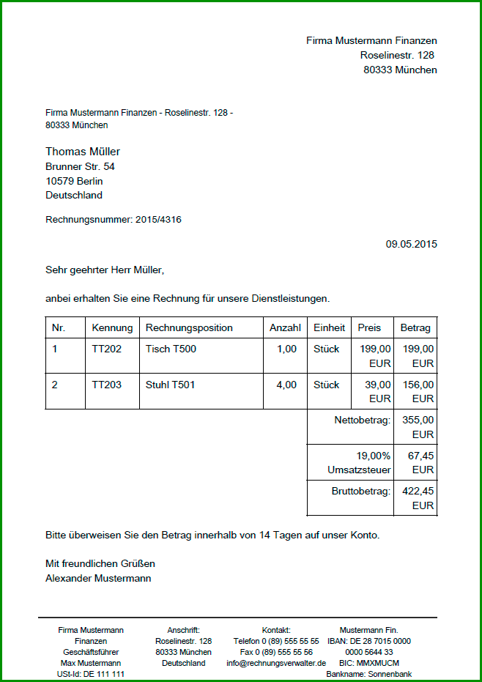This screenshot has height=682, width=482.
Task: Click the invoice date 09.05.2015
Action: pos(411,244)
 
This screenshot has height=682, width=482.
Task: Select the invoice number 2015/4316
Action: pos(158,219)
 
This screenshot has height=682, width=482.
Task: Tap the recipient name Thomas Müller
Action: pos(83,152)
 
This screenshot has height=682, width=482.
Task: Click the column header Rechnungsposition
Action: pos(189,327)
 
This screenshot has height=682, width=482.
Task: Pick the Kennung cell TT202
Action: pos(107,349)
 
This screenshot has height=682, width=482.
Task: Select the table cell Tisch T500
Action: pos(171,349)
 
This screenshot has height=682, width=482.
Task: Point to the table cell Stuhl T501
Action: pos(171,385)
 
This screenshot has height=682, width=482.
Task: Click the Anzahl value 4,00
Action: pos(286,385)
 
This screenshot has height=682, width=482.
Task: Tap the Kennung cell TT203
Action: pos(107,385)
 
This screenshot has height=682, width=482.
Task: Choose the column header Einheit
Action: pos(329,327)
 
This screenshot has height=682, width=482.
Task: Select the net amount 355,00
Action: pos(418,420)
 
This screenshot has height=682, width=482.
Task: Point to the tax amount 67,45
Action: pos(420,456)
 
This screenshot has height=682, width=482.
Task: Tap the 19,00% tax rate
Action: pos(373,456)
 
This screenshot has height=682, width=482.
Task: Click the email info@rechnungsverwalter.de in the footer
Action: pos(276,663)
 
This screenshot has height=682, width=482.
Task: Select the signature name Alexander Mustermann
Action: pos(98,578)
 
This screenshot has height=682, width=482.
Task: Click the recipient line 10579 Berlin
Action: pos(74,181)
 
